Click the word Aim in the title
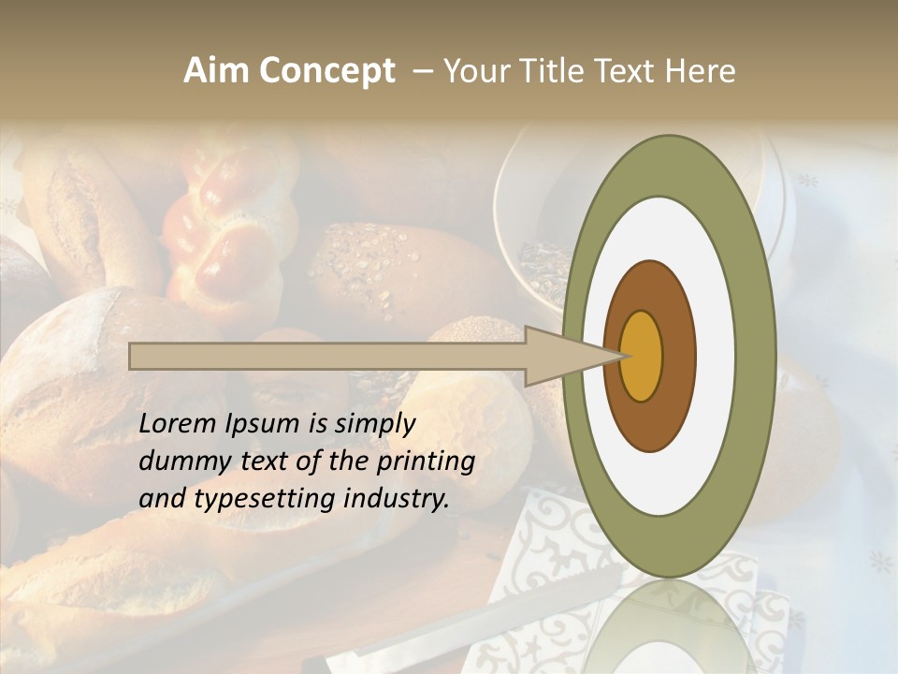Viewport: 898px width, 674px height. coord(216,71)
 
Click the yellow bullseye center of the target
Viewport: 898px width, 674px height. coord(642,356)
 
